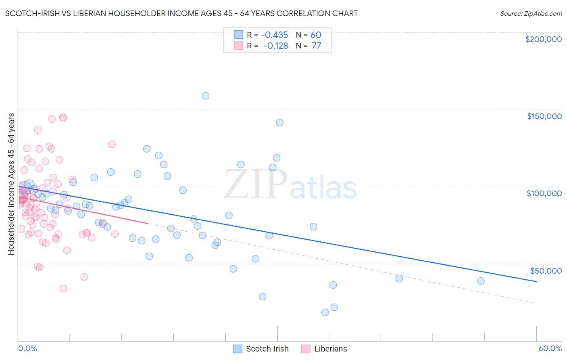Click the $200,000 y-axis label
point(543,39)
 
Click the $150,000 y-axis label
point(544,116)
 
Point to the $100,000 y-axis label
point(544,193)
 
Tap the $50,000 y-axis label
point(546,270)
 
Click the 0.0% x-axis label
point(27,348)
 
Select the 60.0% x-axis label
point(550,348)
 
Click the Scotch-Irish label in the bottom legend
point(267,349)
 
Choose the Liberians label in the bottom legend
point(331,349)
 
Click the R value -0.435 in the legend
point(275,35)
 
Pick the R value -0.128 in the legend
point(275,46)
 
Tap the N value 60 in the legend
point(316,35)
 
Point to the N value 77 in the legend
point(316,46)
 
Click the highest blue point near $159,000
point(206,96)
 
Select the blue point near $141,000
point(279,122)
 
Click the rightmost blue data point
point(481,281)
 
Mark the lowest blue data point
point(325,312)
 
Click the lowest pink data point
point(63,288)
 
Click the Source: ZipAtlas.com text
point(531,14)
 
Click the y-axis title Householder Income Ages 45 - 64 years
point(11,184)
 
